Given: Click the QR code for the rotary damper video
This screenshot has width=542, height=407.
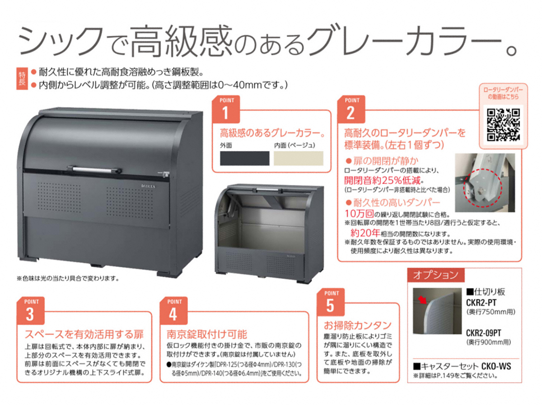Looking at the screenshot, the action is (x=503, y=125).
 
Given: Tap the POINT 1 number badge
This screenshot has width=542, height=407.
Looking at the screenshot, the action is (x=226, y=109).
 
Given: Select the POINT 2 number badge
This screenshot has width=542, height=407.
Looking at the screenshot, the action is (x=351, y=109).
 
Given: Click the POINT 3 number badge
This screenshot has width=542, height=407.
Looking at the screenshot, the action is (x=31, y=310).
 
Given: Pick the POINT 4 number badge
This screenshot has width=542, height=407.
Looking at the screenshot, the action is (x=173, y=310).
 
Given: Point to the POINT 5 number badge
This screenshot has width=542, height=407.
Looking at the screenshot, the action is (x=331, y=302).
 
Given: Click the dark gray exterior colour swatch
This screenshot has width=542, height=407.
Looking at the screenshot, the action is (x=244, y=158).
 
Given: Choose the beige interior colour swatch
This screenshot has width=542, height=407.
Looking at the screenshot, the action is (x=298, y=158).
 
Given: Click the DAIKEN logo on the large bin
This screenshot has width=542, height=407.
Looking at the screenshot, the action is (x=149, y=186).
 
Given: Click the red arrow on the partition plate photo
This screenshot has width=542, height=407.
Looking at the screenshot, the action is (x=422, y=300).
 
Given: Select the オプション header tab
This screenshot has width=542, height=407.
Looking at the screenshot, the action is (x=436, y=275).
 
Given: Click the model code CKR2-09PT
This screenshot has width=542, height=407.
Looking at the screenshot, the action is (x=483, y=333).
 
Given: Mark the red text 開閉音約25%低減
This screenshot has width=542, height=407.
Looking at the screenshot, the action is (x=382, y=180).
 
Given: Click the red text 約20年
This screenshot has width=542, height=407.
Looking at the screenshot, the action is (x=365, y=232).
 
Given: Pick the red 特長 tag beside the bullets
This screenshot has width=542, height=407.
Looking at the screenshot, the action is (x=22, y=79).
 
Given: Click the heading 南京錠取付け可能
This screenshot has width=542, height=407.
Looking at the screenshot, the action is (x=207, y=334).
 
